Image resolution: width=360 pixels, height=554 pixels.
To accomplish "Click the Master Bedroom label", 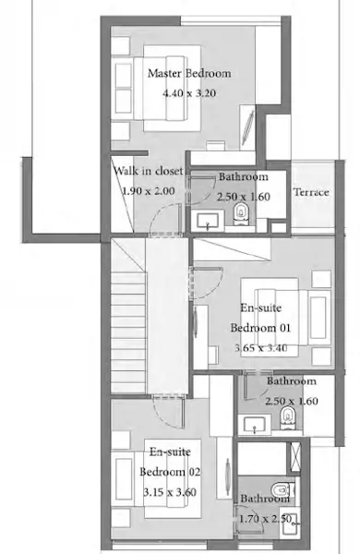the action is (189, 73).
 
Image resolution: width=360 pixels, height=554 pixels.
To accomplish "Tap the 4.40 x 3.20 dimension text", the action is (189, 93).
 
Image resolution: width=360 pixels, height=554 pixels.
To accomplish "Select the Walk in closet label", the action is (149, 171).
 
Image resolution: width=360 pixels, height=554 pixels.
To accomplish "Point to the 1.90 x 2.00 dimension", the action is (149, 191).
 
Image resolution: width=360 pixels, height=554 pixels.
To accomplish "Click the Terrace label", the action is (311, 192).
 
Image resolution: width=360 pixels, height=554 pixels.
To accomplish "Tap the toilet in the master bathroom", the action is (241, 214).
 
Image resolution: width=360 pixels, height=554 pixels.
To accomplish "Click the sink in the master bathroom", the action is (208, 222).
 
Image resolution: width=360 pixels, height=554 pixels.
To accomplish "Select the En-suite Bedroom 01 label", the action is (260, 318).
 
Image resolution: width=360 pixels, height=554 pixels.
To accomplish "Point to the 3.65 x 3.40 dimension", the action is (260, 348).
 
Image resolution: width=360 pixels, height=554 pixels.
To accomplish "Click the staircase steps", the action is (128, 332).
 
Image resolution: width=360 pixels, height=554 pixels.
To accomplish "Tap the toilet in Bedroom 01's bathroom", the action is (287, 417).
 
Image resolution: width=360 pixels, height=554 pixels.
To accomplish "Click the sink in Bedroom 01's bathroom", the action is (255, 424).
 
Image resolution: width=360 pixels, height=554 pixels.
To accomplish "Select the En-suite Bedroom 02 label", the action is (170, 462).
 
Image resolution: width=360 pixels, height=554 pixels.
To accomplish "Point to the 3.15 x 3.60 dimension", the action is (170, 492).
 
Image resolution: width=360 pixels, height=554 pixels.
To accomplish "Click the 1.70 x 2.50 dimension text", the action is (266, 519).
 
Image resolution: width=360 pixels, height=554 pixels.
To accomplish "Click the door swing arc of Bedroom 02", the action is (162, 419).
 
